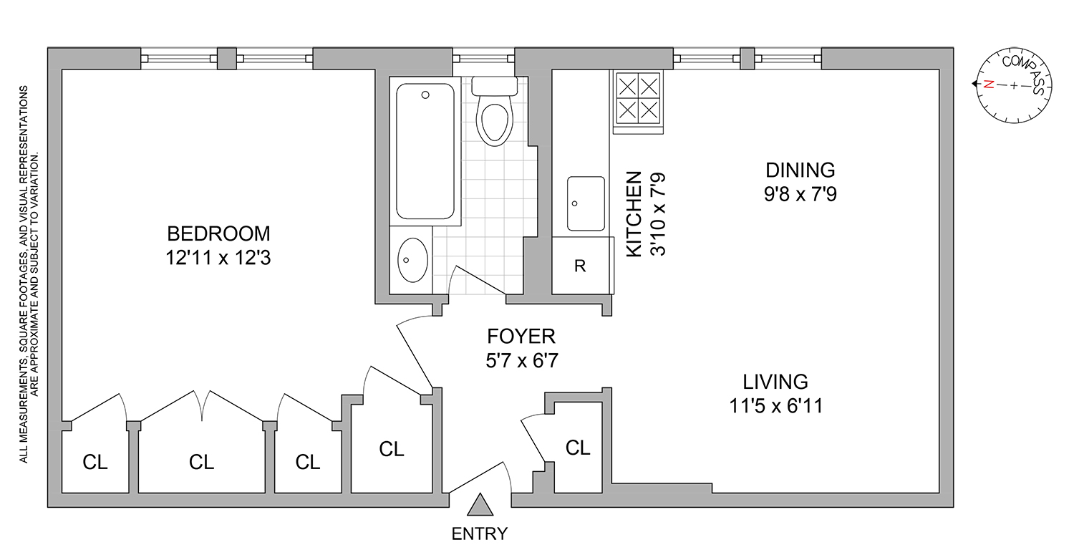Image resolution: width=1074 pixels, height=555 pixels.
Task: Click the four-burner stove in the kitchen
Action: pyautogui.click(x=637, y=100)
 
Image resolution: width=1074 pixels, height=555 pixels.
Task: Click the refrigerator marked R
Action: pyautogui.click(x=581, y=266)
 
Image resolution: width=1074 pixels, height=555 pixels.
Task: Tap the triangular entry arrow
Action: pyautogui.click(x=480, y=506)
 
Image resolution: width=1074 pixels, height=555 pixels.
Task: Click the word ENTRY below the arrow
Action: pyautogui.click(x=480, y=534)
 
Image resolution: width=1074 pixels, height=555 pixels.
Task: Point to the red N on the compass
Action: pyautogui.click(x=989, y=84)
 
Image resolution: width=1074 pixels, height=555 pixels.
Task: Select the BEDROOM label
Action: pyautogui.click(x=218, y=233)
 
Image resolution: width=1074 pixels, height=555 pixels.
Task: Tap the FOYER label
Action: pyautogui.click(x=521, y=336)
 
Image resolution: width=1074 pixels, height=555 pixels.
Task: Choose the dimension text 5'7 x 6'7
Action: pyautogui.click(x=521, y=360)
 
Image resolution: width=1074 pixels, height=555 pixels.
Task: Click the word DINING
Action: pyautogui.click(x=800, y=170)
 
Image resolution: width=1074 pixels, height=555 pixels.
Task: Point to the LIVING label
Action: pyautogui.click(x=775, y=382)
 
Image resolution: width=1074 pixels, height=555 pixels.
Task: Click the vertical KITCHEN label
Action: pyautogui.click(x=634, y=214)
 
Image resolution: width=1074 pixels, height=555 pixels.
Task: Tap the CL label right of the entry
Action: pyautogui.click(x=578, y=448)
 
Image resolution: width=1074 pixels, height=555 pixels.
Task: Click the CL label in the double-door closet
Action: pyautogui.click(x=202, y=463)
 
